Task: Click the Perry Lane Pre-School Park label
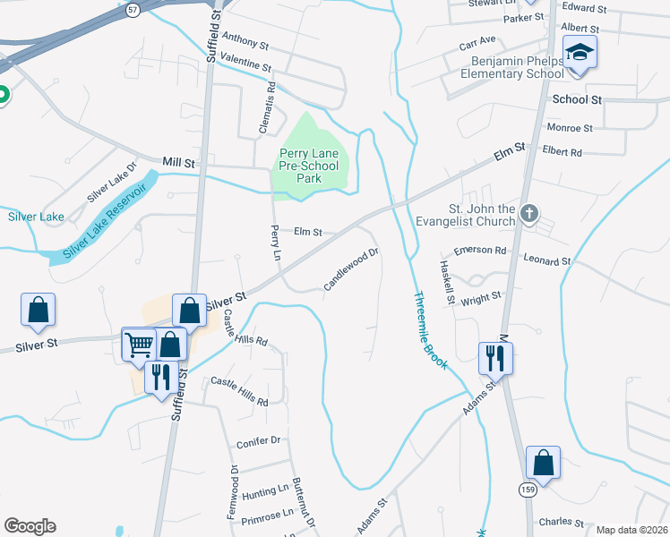pyautogui.click(x=309, y=166)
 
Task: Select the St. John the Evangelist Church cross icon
pyautogui.click(x=529, y=214)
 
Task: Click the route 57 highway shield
pyautogui.click(x=133, y=10)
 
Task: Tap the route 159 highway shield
pyautogui.click(x=528, y=490)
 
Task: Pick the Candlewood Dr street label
pyautogui.click(x=352, y=269)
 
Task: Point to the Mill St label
pyautogui.click(x=178, y=162)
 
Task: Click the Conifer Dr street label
pyautogui.click(x=259, y=441)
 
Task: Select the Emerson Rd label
pyautogui.click(x=480, y=251)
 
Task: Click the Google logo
pyautogui.click(x=30, y=526)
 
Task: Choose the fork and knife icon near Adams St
pyautogui.click(x=494, y=358)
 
